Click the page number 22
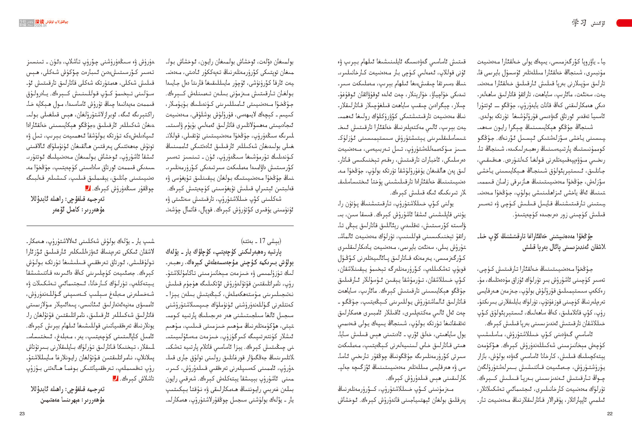pyautogui.click(x=610, y=414)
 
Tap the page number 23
pyautogui.click(x=22, y=414)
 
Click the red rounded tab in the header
pyautogui.click(x=624, y=23)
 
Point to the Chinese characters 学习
pyautogui.click(x=579, y=23)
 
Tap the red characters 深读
pyautogui.click(x=39, y=22)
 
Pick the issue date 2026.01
pyautogui.click(x=40, y=26)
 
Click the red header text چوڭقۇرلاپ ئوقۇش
pyautogui.click(x=57, y=22)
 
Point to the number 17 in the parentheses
pyautogui.click(x=262, y=241)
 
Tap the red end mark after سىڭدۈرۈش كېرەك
pyautogui.click(x=88, y=188)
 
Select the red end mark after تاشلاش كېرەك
pyautogui.click(x=115, y=378)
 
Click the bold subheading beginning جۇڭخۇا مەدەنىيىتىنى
pyautogui.click(x=541, y=242)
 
